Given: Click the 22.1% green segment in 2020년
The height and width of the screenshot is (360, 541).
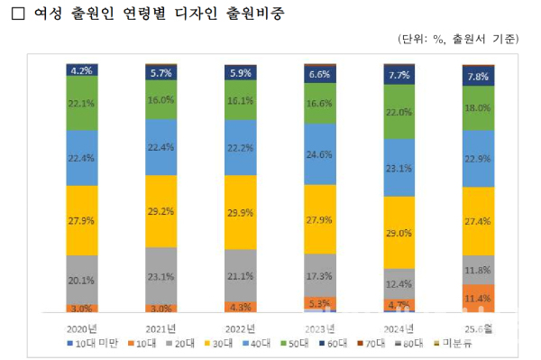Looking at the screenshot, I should tap(82, 103).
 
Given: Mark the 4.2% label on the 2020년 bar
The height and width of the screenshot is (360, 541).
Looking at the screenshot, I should tap(82, 69).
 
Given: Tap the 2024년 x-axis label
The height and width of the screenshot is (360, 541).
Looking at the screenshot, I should tap(399, 328).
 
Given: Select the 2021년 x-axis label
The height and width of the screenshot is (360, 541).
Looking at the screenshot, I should tap(162, 328).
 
